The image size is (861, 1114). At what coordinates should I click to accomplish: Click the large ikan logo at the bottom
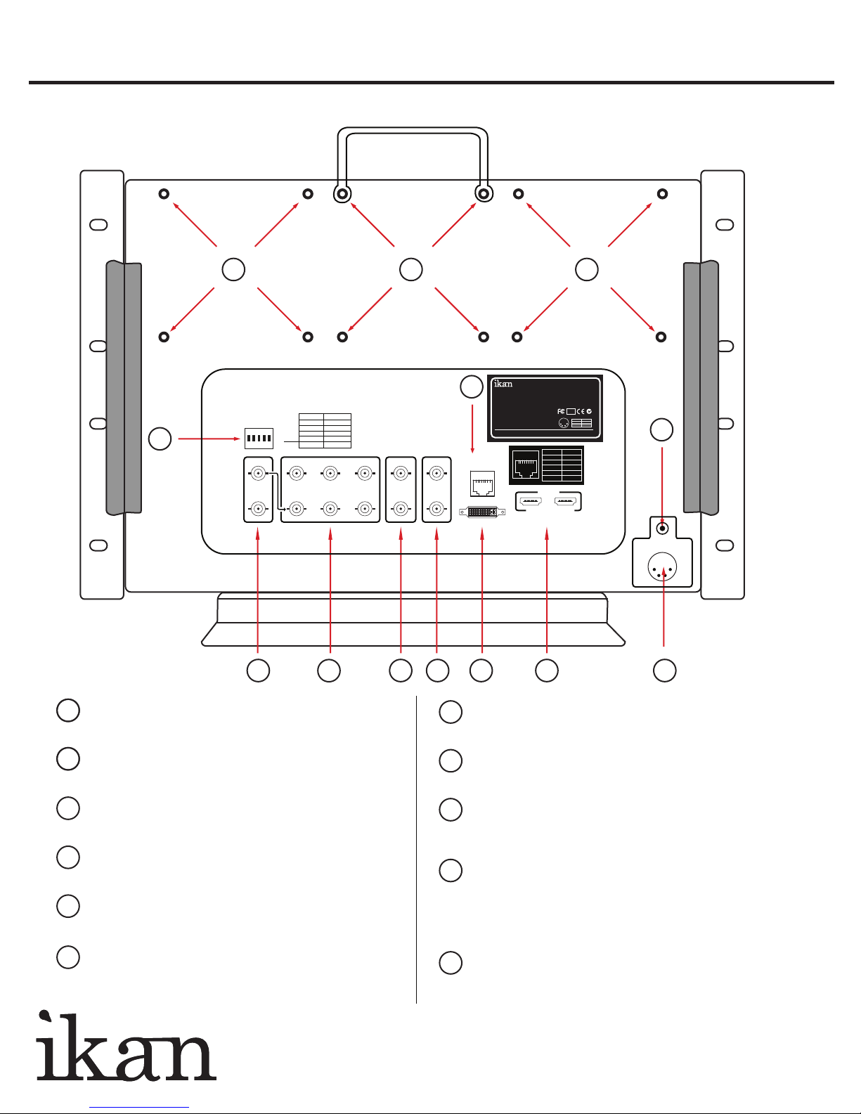[126, 1046]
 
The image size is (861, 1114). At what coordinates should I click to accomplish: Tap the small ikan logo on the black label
[503, 384]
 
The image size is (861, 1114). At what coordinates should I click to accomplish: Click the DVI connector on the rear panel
[482, 512]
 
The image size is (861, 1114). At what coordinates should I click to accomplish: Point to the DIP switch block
[259, 439]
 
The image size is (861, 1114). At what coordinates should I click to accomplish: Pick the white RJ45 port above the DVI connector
[482, 484]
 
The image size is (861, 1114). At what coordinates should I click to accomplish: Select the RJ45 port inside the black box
[526, 465]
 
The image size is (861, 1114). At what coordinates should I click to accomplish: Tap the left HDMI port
[531, 501]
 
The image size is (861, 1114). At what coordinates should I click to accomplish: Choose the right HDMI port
[567, 501]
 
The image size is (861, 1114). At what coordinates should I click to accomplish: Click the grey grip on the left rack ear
[124, 388]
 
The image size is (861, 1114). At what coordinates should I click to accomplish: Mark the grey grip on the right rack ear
[701, 387]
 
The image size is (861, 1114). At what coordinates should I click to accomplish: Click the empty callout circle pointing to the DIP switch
[160, 439]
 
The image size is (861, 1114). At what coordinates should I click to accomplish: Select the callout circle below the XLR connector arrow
[665, 671]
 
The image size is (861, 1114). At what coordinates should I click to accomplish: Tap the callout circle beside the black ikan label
[472, 387]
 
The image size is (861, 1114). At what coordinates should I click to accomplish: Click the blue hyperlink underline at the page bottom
[139, 1108]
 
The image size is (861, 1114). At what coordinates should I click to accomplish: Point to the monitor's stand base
[413, 619]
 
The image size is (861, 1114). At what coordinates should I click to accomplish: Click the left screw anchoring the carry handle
[342, 194]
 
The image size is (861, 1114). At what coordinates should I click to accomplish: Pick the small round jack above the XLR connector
[663, 529]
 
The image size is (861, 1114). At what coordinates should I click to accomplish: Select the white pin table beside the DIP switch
[325, 431]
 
